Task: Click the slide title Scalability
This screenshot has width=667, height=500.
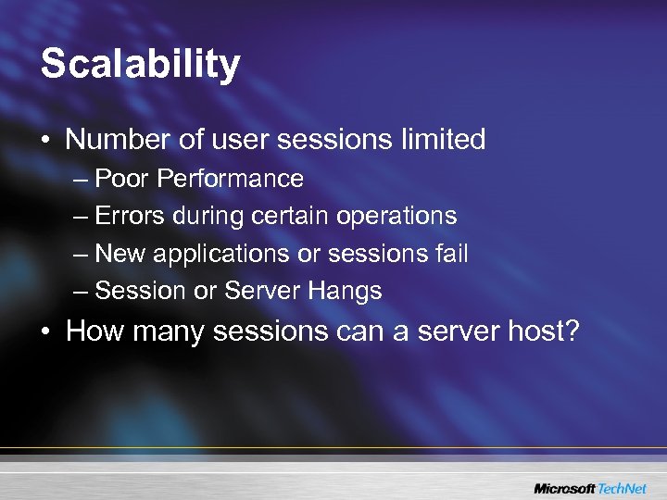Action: point(140,65)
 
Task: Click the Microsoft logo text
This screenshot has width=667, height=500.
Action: point(565,487)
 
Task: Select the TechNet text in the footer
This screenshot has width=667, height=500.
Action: point(626,487)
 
